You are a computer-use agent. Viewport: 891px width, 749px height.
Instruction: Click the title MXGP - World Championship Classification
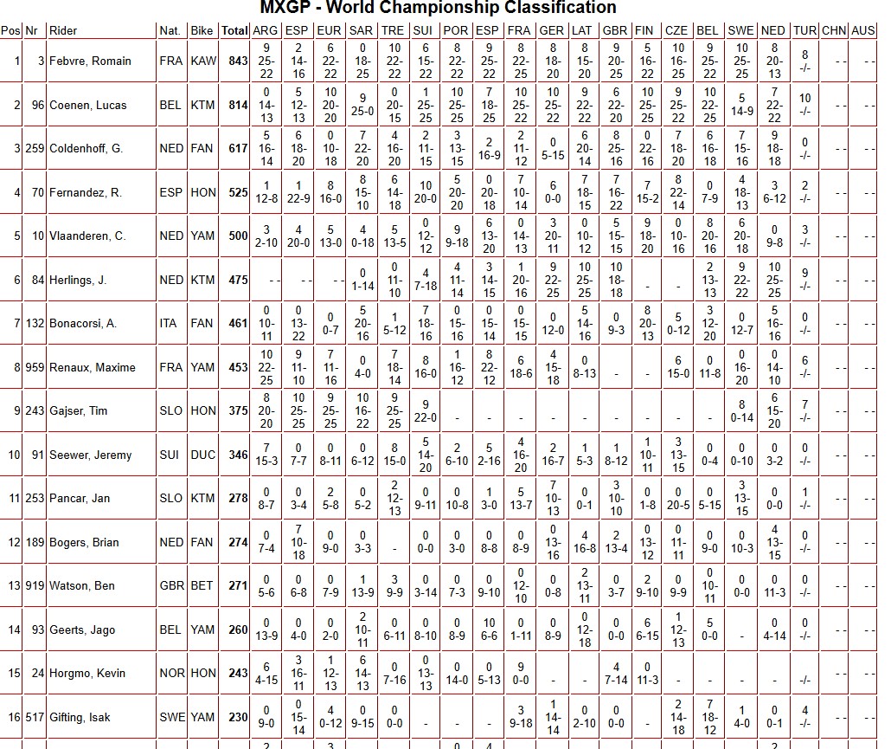[439, 8]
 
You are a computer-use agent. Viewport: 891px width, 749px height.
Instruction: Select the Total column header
[234, 30]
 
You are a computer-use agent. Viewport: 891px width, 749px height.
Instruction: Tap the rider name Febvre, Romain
[90, 61]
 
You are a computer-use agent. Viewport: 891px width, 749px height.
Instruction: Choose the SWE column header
[741, 30]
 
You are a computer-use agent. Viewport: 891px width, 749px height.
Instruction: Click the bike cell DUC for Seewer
[202, 455]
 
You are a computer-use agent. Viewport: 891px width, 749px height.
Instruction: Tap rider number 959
[35, 367]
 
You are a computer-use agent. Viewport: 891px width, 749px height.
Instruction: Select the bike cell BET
[202, 585]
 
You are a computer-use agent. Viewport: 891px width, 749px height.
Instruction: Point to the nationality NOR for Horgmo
[170, 673]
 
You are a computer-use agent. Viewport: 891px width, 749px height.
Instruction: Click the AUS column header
[862, 30]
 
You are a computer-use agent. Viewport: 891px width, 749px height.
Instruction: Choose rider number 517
[35, 717]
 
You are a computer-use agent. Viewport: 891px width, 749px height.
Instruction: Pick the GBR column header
[614, 30]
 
